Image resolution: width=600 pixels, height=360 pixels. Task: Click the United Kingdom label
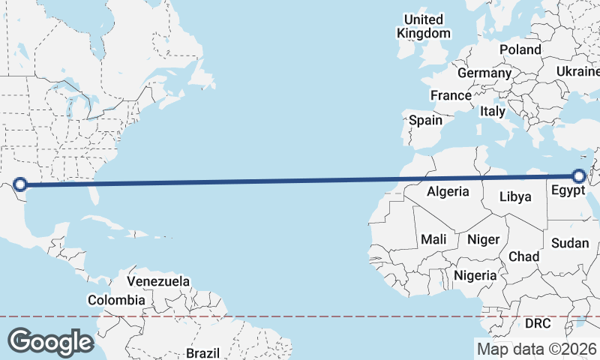click(424, 26)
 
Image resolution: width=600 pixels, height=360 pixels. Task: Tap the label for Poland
click(520, 49)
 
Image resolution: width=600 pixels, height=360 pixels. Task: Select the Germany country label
click(484, 73)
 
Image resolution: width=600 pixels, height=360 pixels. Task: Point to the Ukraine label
click(577, 71)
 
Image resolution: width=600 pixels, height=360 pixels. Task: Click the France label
click(451, 96)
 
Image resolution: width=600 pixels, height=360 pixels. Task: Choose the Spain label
click(425, 120)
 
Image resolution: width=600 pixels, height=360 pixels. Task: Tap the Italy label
click(493, 111)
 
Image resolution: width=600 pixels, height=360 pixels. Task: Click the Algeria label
click(448, 191)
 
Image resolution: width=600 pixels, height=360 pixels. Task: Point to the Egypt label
click(567, 191)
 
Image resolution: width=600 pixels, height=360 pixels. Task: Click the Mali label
click(433, 239)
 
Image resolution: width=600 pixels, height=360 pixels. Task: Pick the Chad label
click(523, 256)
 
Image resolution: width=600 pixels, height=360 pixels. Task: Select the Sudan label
click(570, 243)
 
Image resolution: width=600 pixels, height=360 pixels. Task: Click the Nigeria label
click(474, 275)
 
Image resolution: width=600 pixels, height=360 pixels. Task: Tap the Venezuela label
click(158, 281)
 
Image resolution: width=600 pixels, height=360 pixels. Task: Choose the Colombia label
click(116, 300)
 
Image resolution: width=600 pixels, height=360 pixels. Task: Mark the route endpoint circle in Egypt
click(579, 176)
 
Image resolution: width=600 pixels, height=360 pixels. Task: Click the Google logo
click(50, 342)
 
